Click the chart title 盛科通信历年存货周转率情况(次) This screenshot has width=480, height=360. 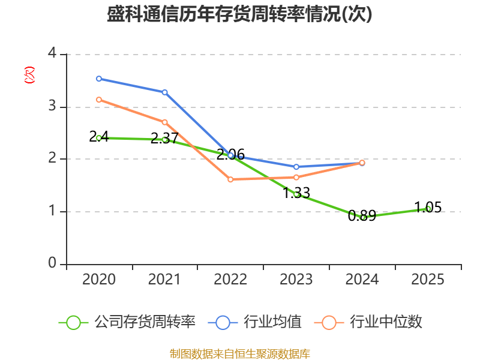[x=239, y=14]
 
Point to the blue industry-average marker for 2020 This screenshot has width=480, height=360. [x=99, y=79]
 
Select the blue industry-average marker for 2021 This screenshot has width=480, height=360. [x=164, y=92]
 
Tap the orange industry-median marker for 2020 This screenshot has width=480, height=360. [x=99, y=100]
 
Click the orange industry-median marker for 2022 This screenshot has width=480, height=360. [x=230, y=179]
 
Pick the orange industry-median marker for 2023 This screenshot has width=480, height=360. [x=296, y=177]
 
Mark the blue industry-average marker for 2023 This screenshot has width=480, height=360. [x=296, y=167]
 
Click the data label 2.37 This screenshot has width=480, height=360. [x=164, y=139]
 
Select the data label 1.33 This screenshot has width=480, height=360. [x=296, y=193]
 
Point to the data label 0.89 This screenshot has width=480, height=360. [x=362, y=216]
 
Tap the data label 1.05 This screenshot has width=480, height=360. [x=428, y=207]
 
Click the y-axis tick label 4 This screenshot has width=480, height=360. [x=52, y=53]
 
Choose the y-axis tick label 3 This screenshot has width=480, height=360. [x=52, y=106]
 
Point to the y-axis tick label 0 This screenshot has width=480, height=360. [x=52, y=263]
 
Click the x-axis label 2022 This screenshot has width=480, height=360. [x=230, y=279]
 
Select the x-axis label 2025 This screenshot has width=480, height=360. [x=428, y=279]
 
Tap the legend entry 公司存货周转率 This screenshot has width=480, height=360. [x=127, y=322]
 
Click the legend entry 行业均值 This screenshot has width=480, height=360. [x=254, y=322]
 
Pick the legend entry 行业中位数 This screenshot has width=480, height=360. [x=368, y=322]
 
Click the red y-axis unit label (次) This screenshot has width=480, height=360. [x=29, y=75]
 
